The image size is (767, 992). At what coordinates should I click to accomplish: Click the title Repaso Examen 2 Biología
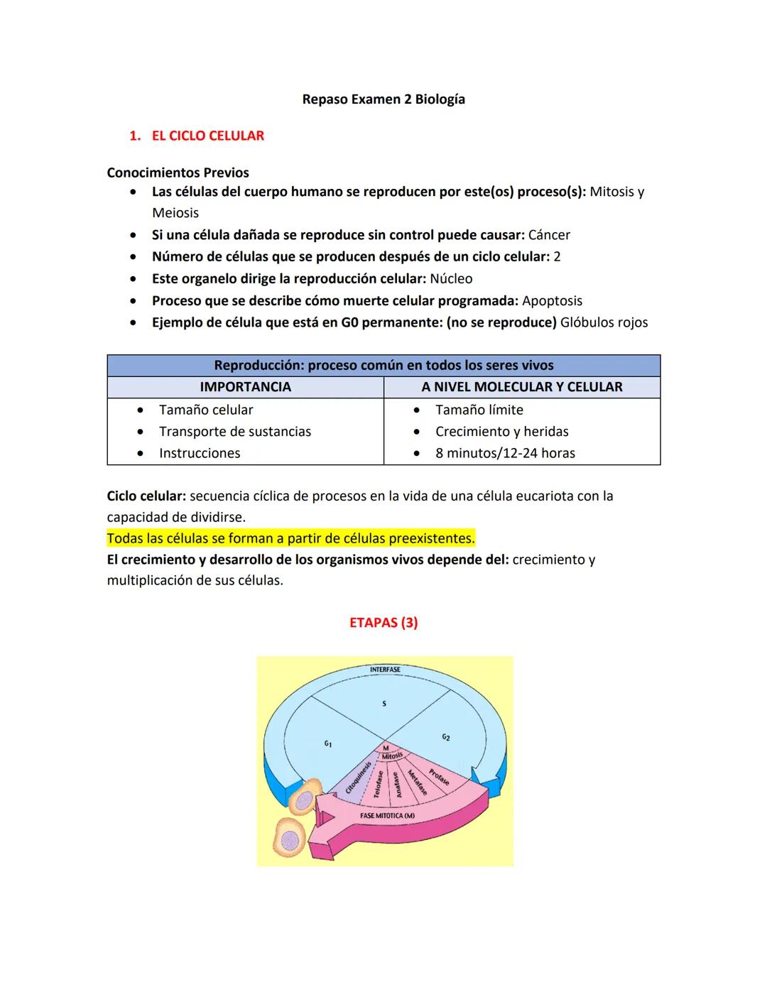[x=383, y=99]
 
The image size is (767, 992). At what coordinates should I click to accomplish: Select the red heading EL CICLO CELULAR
[x=207, y=136]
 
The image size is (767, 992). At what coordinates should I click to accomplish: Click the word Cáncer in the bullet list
[x=549, y=235]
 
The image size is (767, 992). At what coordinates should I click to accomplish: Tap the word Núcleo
[x=451, y=279]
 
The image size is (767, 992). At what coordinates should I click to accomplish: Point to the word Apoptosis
[x=552, y=300]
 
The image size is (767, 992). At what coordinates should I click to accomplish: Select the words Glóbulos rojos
[x=604, y=322]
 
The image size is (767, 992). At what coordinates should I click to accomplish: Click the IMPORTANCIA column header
[x=245, y=387]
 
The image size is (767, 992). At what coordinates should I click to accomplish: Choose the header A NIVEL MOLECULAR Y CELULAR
[x=521, y=387]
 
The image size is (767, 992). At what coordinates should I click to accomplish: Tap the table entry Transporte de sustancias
[x=235, y=432]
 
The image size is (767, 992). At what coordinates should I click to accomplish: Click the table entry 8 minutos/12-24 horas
[x=505, y=453]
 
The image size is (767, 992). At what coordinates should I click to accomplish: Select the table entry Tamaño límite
[x=479, y=410]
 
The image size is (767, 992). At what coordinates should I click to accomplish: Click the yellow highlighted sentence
[x=290, y=538]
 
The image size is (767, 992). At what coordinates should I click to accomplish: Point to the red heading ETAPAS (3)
[x=383, y=623]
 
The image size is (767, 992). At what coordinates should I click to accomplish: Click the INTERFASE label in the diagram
[x=385, y=670]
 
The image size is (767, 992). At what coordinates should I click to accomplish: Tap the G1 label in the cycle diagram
[x=327, y=743]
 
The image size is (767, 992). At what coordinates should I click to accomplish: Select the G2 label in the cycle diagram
[x=445, y=738]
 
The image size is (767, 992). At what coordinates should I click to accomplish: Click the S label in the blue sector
[x=384, y=704]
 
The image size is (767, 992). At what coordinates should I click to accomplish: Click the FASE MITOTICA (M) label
[x=387, y=816]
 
